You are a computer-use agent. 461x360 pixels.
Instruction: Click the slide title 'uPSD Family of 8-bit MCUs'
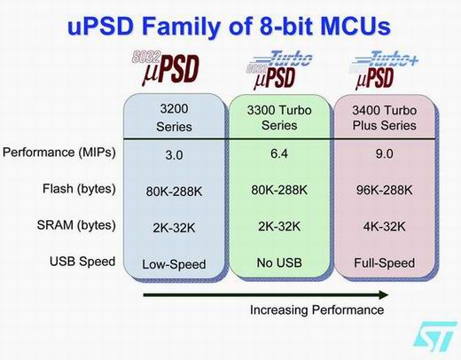pos(230,27)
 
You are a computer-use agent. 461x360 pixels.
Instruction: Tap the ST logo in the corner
pos(435,336)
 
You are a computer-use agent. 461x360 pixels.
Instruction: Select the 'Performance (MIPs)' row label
pos(59,153)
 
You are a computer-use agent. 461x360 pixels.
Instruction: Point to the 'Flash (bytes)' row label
pos(79,189)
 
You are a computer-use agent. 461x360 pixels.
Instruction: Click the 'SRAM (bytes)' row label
pos(76,225)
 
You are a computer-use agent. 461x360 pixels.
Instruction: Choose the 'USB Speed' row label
pos(82,262)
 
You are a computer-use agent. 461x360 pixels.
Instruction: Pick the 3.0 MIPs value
pos(174,155)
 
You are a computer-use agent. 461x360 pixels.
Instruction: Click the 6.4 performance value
pos(279,153)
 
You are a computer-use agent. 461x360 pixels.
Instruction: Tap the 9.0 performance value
pos(384,153)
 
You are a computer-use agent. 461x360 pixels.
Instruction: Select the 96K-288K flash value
pos(384,190)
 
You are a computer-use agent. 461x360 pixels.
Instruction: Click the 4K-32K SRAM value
pos(384,227)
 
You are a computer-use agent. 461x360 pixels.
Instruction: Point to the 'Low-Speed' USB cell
pos(174,264)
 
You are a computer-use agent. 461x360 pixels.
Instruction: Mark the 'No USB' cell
pos(279,262)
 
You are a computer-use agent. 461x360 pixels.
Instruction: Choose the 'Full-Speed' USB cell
pos(385,263)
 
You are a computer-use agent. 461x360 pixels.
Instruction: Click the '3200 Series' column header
pos(174,118)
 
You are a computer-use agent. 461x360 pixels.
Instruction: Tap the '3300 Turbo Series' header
pos(279,118)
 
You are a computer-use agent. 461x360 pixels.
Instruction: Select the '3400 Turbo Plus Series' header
pos(385,118)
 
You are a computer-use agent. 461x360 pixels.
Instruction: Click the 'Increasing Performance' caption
pos(317,310)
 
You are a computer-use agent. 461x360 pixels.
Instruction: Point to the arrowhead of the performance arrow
pos(384,294)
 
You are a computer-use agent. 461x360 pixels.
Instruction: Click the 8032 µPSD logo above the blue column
pos(166,68)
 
